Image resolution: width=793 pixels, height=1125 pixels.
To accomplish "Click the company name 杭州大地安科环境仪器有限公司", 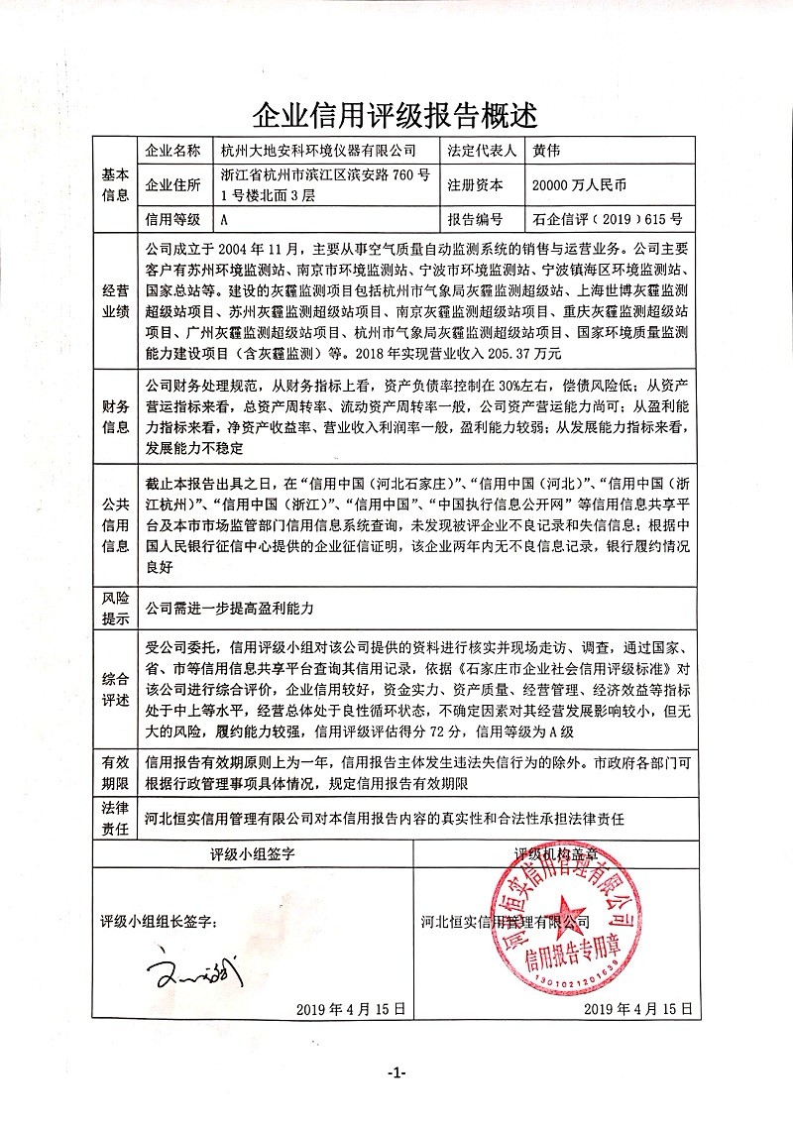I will pyautogui.click(x=318, y=151).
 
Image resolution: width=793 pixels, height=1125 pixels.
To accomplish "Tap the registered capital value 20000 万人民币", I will pyautogui.click(x=580, y=184).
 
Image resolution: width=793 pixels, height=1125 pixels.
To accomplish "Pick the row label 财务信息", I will pyautogui.click(x=115, y=416).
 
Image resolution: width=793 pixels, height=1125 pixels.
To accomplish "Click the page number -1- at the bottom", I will pyautogui.click(x=396, y=1073).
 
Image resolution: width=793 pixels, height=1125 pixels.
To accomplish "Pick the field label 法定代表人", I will pyautogui.click(x=482, y=151).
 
